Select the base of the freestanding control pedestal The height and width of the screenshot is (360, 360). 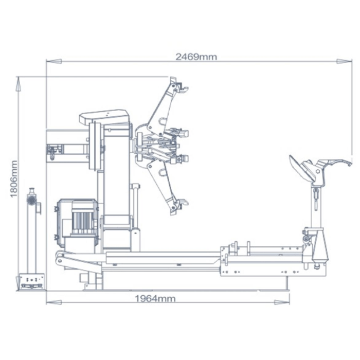pyautogui.click(x=32, y=281)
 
